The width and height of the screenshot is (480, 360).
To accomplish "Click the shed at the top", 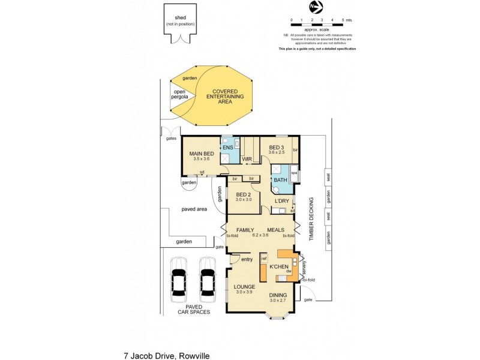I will (180, 22).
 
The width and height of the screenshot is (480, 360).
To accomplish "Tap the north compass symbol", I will (316, 7).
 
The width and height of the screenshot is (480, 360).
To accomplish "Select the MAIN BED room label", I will (200, 154).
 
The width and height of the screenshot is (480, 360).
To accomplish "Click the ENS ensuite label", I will (228, 148).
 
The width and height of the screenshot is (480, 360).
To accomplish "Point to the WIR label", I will (247, 159).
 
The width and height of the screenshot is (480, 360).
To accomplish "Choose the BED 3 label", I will (276, 148).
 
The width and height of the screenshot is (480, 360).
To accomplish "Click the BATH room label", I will (280, 179).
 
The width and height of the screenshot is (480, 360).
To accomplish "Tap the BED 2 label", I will (243, 195).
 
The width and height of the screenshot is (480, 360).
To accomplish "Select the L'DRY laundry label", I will (282, 200).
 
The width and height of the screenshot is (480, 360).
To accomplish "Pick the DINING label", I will (278, 295).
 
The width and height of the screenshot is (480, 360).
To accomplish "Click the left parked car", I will (178, 280).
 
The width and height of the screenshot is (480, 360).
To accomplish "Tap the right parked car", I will (208, 280).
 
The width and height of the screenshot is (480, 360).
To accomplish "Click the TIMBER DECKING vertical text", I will (311, 219).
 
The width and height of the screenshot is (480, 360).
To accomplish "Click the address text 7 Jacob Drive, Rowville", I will (166, 355).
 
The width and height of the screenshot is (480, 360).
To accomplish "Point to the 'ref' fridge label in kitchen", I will (263, 259).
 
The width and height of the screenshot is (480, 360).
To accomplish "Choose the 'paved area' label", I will (194, 209).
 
